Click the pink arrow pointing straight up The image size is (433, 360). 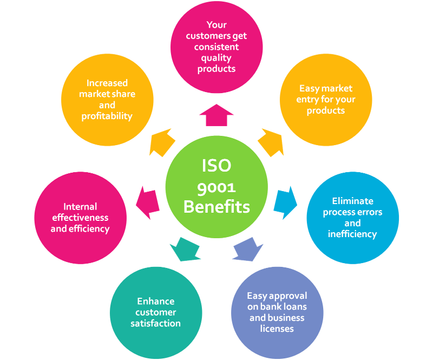coord(216,115)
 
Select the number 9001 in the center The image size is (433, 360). coord(216,186)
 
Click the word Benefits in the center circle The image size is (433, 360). coord(216,207)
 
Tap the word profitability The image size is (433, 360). coord(107,116)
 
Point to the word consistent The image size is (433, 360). coord(216,47)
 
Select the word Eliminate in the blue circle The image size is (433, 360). coord(352,201)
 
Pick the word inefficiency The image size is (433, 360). coord(352,234)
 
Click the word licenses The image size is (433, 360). coord(277,329)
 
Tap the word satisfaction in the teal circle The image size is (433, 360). coord(155,323)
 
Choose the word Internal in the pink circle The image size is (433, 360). coord(80,206)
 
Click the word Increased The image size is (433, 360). coord(107,83)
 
